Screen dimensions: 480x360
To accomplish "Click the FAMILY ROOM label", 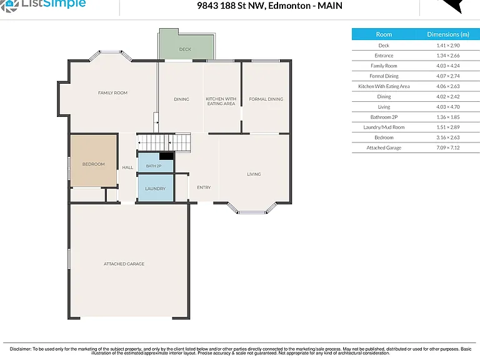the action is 112,92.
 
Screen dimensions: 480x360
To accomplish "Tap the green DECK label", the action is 185,49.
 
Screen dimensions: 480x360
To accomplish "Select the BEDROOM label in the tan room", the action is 93,164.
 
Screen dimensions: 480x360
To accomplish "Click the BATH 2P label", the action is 154,166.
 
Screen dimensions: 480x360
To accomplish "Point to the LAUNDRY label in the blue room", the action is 155,189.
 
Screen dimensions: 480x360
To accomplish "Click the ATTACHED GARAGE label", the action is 124,264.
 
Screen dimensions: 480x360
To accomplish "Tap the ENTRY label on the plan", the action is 204,187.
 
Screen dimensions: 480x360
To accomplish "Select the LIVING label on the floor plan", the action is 254,174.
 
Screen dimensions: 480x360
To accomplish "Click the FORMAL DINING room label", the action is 266,99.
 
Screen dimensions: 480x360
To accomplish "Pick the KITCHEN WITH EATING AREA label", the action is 221,101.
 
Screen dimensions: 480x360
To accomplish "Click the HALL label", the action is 127,167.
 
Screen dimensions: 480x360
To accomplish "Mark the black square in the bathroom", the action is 166,156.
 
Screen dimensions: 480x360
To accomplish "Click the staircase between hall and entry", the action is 164,142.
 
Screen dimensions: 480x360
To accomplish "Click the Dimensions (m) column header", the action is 448,34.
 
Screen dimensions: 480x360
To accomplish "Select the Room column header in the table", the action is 384,34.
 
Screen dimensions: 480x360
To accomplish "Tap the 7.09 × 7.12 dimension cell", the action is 448,147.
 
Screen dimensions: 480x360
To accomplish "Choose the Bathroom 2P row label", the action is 384,117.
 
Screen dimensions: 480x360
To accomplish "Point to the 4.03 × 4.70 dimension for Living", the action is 448,107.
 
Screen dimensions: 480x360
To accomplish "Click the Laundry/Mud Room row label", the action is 384,127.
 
